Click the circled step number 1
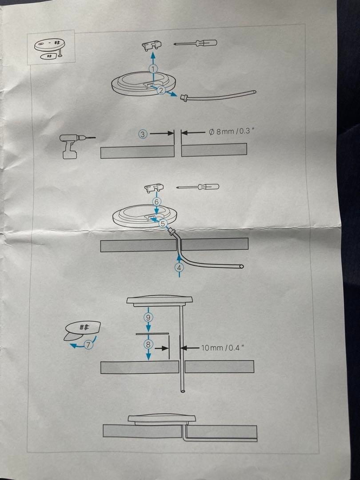(153, 69)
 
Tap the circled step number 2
(161, 90)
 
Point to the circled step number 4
(179, 268)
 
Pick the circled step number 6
(156, 201)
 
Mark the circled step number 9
(148, 317)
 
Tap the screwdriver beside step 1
(196, 44)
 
